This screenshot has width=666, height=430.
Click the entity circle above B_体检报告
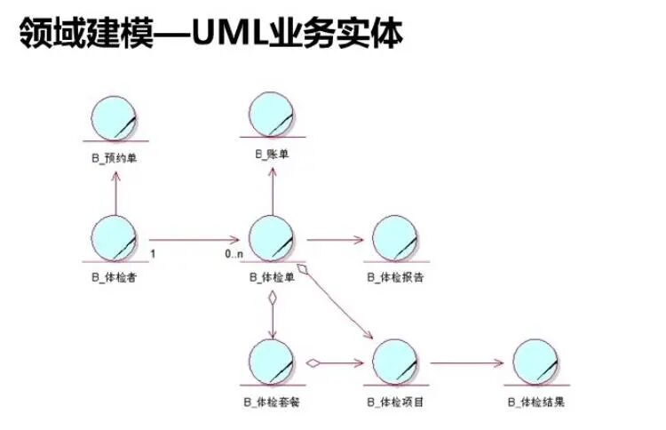tap(395, 238)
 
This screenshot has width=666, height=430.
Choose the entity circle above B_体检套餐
tap(272, 362)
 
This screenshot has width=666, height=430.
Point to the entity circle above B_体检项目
tap(395, 362)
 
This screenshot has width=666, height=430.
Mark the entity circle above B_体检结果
tap(535, 362)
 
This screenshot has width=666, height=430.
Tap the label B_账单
tap(272, 155)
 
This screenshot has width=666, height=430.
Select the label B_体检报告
tap(395, 277)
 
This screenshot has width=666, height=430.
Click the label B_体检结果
tap(535, 402)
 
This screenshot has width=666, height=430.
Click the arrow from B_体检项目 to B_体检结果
tap(466, 362)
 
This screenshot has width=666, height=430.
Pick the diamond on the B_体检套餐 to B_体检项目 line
tap(313, 362)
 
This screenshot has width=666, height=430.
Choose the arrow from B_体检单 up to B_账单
tap(272, 191)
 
